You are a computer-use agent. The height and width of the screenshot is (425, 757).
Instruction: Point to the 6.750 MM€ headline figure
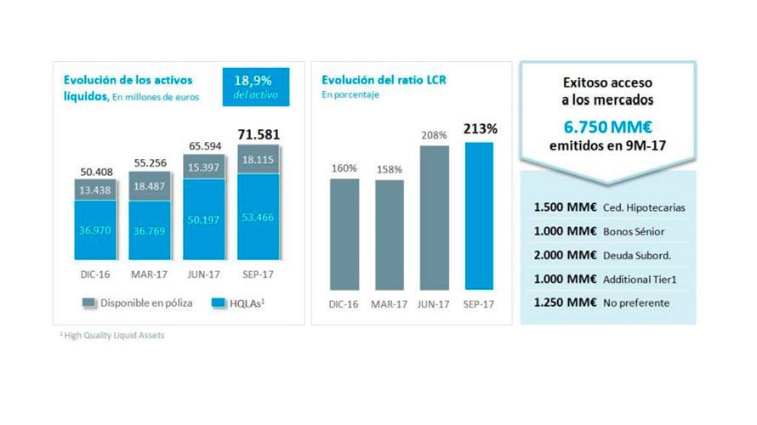coord(607,126)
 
